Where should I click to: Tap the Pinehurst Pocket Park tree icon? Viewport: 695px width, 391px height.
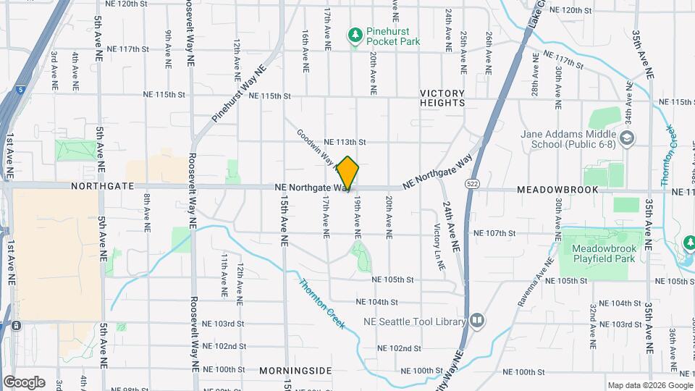point(355,35)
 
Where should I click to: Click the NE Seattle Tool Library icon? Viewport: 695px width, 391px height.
point(477,320)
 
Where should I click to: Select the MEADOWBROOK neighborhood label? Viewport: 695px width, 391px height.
point(557,190)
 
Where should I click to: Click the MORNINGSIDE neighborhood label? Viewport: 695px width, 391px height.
point(295,370)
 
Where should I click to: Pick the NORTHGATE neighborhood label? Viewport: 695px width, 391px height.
point(103,186)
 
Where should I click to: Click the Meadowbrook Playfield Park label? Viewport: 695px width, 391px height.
point(603,253)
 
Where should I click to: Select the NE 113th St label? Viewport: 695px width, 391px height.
point(345,142)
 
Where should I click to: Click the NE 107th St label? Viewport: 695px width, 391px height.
point(494,233)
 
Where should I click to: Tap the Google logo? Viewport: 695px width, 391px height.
point(23,382)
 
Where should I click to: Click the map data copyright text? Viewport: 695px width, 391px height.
point(649,385)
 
